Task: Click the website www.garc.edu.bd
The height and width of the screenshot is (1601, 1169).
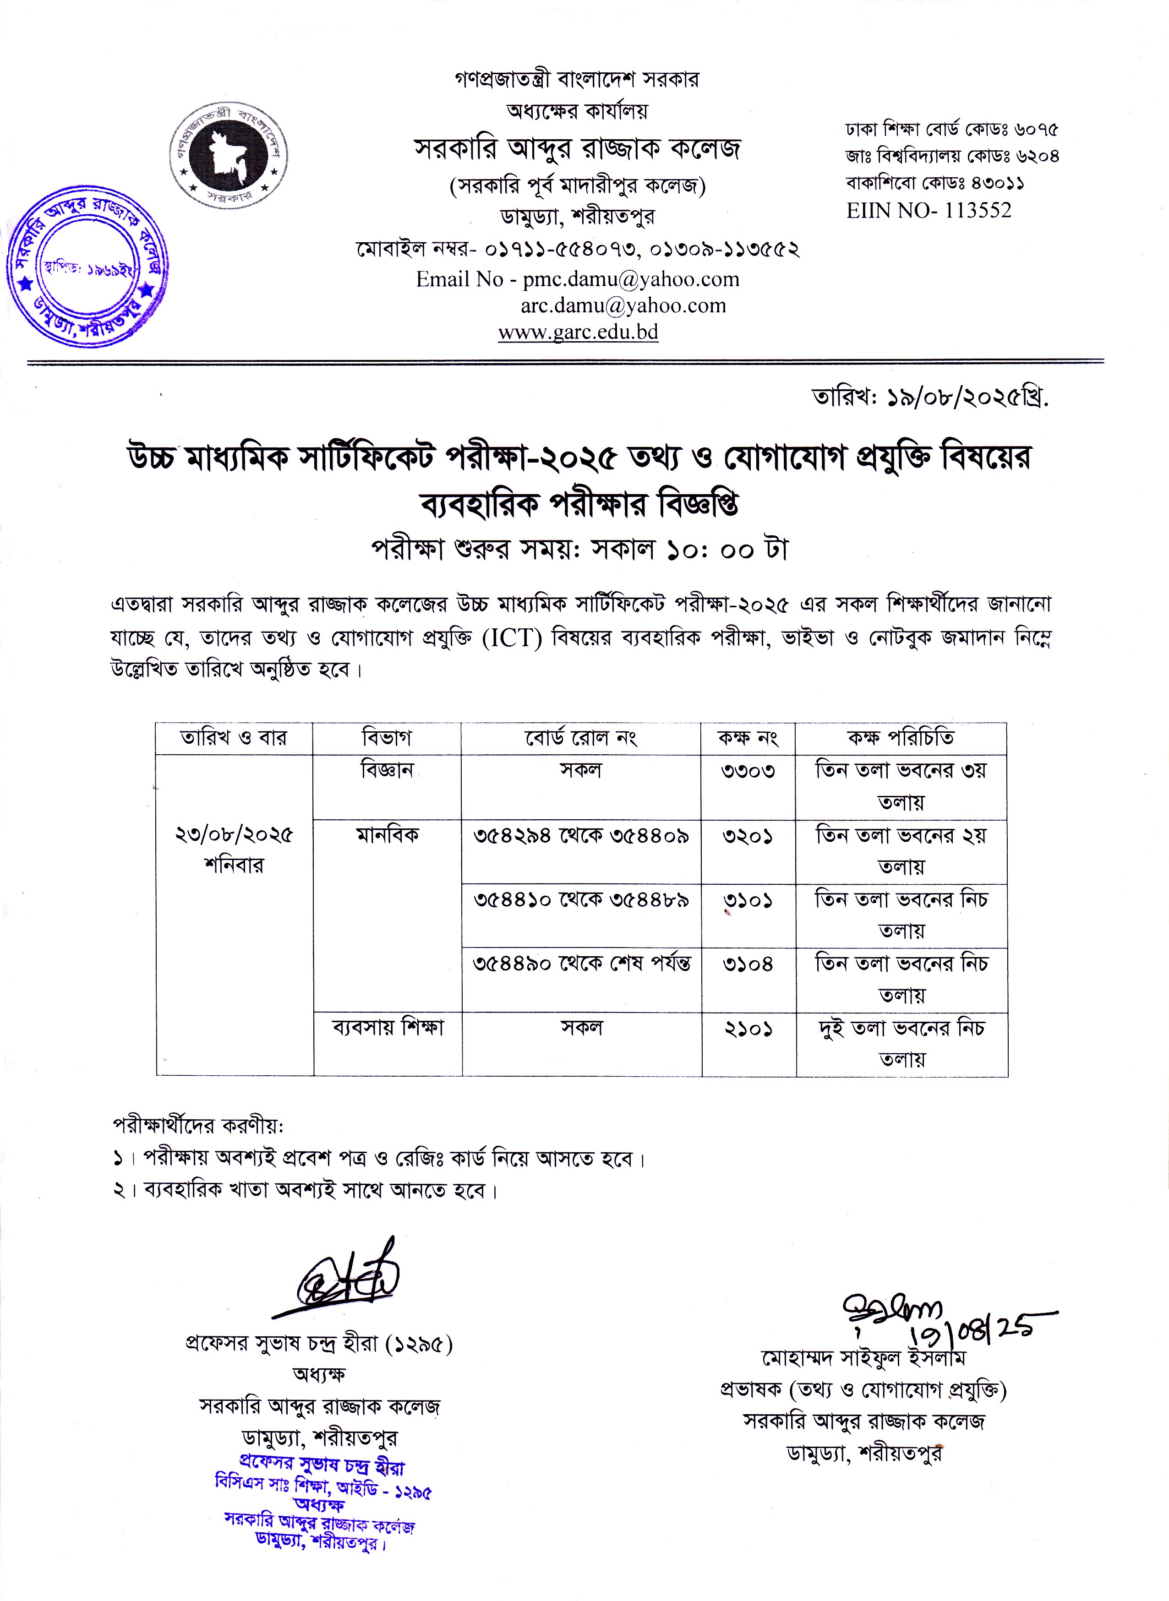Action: (578, 332)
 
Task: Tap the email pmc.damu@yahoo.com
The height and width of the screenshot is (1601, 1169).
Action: (630, 279)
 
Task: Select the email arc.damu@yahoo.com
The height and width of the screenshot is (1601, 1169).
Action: (623, 305)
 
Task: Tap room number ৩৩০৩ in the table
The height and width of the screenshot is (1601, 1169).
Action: (748, 770)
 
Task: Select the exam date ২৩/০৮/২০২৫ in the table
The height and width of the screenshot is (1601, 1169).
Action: (234, 835)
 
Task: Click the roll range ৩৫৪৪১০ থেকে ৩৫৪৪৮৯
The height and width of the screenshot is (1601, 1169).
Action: (581, 900)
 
